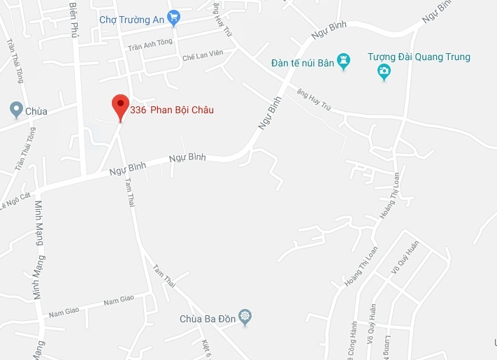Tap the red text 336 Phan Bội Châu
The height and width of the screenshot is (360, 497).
pyautogui.click(x=172, y=110)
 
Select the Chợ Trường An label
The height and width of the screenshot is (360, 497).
pyautogui.click(x=131, y=20)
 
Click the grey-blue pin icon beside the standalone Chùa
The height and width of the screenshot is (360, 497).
pyautogui.click(x=15, y=110)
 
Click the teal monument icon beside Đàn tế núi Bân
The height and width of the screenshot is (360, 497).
pyautogui.click(x=343, y=62)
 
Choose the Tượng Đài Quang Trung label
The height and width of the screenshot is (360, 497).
pyautogui.click(x=419, y=57)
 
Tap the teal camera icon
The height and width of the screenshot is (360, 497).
pyautogui.click(x=384, y=71)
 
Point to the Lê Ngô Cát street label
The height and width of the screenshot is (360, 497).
pyautogui.click(x=15, y=201)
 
